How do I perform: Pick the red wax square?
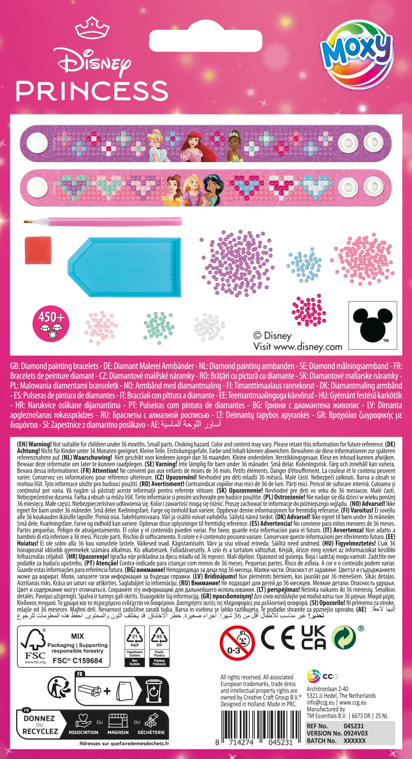coord(38,250)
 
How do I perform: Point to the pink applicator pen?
coord(105,222)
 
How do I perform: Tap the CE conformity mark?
coord(278,638)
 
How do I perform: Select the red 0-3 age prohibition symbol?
coord(237,643)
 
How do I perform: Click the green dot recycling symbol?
coord(344,638)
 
